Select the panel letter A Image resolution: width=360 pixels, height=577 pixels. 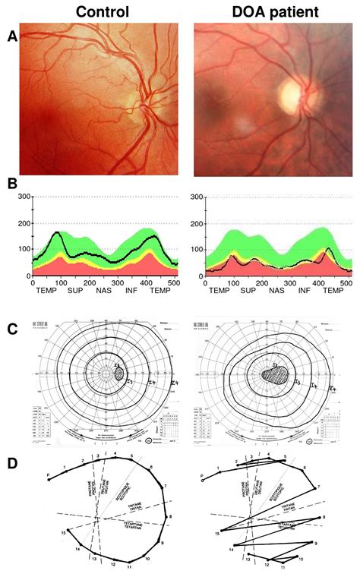pyautogui.click(x=11, y=36)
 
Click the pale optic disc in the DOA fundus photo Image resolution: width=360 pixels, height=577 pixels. pyautogui.click(x=292, y=96)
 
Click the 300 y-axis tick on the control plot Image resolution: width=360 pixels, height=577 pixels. pyautogui.click(x=25, y=197)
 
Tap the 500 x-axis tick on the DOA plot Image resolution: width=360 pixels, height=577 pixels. pyautogui.click(x=346, y=282)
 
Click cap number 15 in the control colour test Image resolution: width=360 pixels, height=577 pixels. pyautogui.click(x=65, y=534)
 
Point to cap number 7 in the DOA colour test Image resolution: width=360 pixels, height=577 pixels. pyautogui.click(x=320, y=486)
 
